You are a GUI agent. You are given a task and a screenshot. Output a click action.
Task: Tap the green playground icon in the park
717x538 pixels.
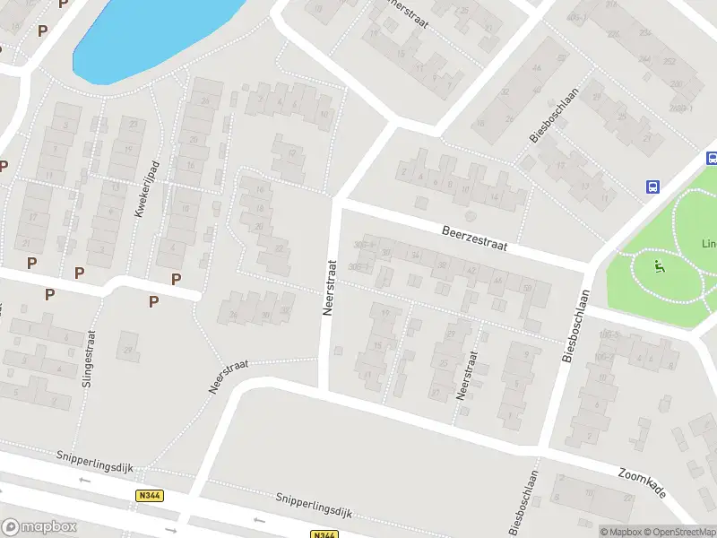coord(660,265)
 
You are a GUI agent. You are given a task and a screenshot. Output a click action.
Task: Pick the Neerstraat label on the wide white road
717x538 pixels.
coord(329,288)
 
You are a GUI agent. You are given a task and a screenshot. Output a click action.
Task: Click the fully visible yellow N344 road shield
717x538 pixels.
coord(149,495)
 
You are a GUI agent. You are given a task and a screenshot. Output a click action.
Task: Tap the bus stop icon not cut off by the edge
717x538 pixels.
coord(654,187)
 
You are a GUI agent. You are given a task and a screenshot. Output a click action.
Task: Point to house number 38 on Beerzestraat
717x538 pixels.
coord(441,265)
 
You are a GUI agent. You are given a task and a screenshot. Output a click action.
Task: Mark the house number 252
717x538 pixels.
coord(669,62)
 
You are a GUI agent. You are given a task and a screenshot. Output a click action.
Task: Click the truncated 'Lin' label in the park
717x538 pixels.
coord(709,244)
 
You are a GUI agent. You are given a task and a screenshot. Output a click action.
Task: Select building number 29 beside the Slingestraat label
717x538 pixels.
coord(131,349)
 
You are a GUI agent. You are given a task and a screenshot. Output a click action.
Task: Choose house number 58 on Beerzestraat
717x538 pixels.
coord(527,288)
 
